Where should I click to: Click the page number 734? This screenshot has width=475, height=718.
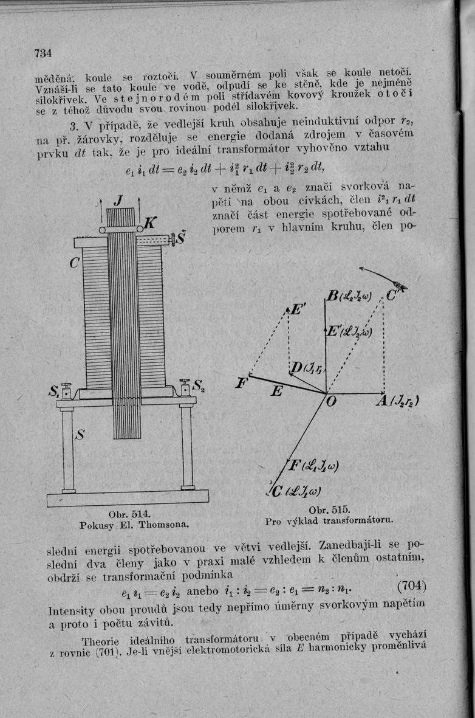(x=43, y=53)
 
